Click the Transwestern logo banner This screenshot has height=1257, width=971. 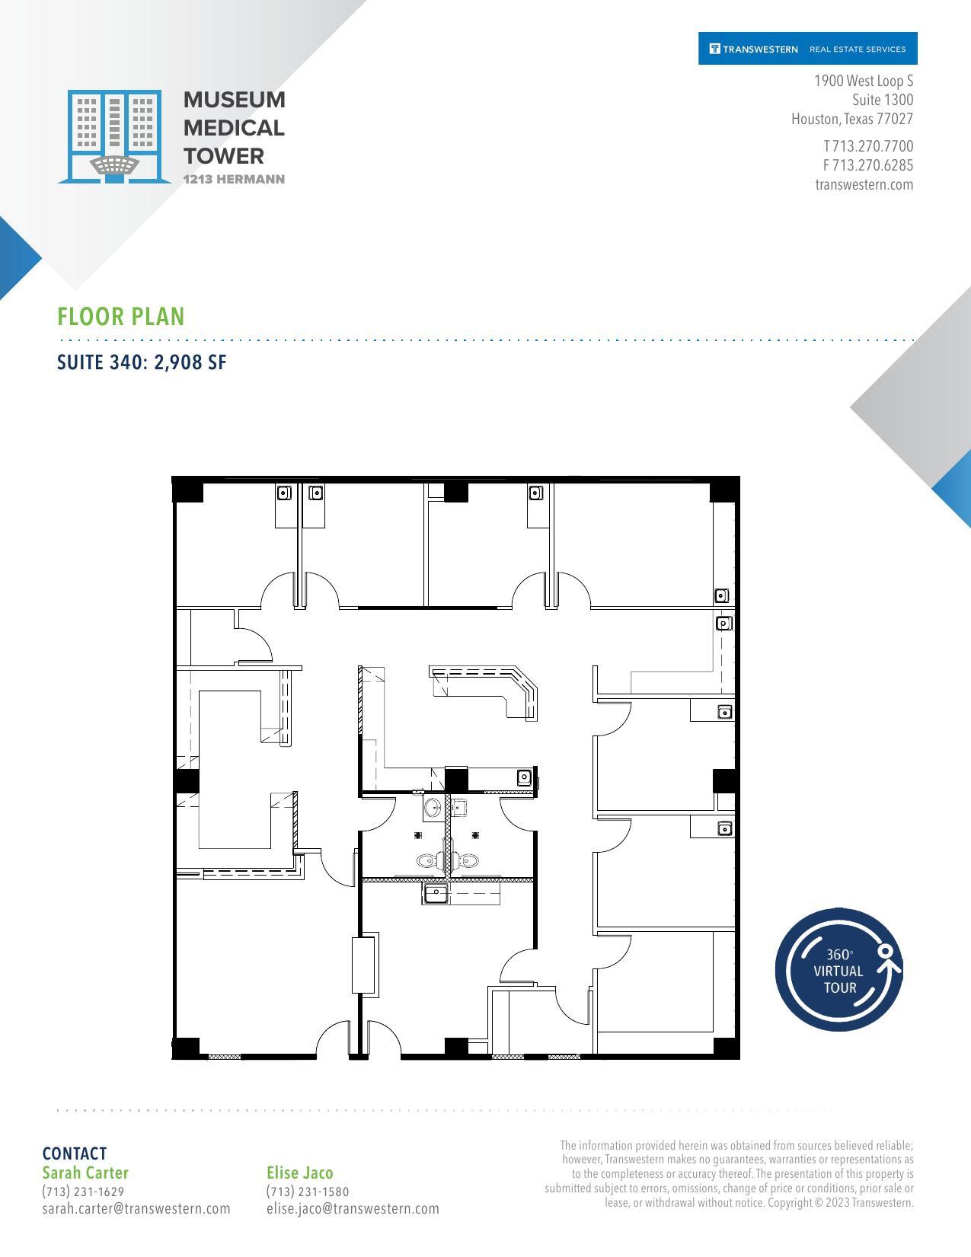pos(807,49)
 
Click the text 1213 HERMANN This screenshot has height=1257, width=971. pos(235,180)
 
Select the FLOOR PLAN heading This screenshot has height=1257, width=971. pos(121,317)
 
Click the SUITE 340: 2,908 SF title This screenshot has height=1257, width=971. pos(142,362)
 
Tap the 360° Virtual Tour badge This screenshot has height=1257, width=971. pos(838,971)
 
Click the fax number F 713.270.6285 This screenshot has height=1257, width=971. pos(867,165)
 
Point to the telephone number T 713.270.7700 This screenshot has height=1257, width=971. pos(867,146)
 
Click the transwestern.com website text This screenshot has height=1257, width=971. pos(864,184)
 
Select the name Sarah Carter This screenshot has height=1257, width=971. pos(85,1172)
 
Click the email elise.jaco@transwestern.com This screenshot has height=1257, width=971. pos(353,1208)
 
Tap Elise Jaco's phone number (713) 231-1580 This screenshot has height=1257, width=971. pos(308,1192)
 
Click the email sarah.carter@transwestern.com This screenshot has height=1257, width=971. pos(136,1208)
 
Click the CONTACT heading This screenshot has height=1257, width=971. pos(75,1153)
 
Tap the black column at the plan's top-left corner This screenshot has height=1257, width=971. pos(188,490)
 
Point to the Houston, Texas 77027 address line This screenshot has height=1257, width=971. pos(851,120)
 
